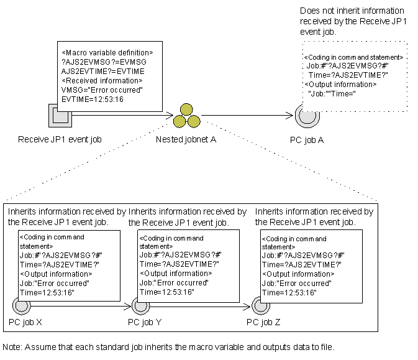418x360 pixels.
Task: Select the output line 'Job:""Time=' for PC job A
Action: [332, 93]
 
